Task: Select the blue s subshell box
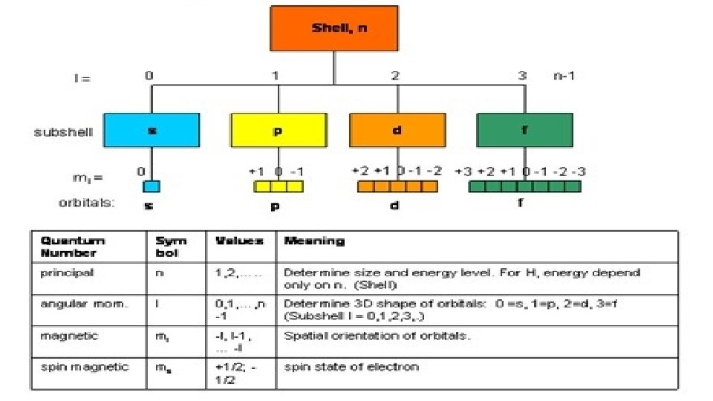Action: coord(152,129)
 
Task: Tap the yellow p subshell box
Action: coord(279,129)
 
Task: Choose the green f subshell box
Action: coord(524,129)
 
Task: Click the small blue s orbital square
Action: coord(152,186)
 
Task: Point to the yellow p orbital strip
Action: coord(279,186)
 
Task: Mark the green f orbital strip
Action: coord(524,186)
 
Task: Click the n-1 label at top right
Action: coord(564,75)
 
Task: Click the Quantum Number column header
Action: coord(73,247)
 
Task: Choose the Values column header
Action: coord(239,241)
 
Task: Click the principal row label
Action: coord(68,273)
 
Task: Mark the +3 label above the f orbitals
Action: coord(463,171)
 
